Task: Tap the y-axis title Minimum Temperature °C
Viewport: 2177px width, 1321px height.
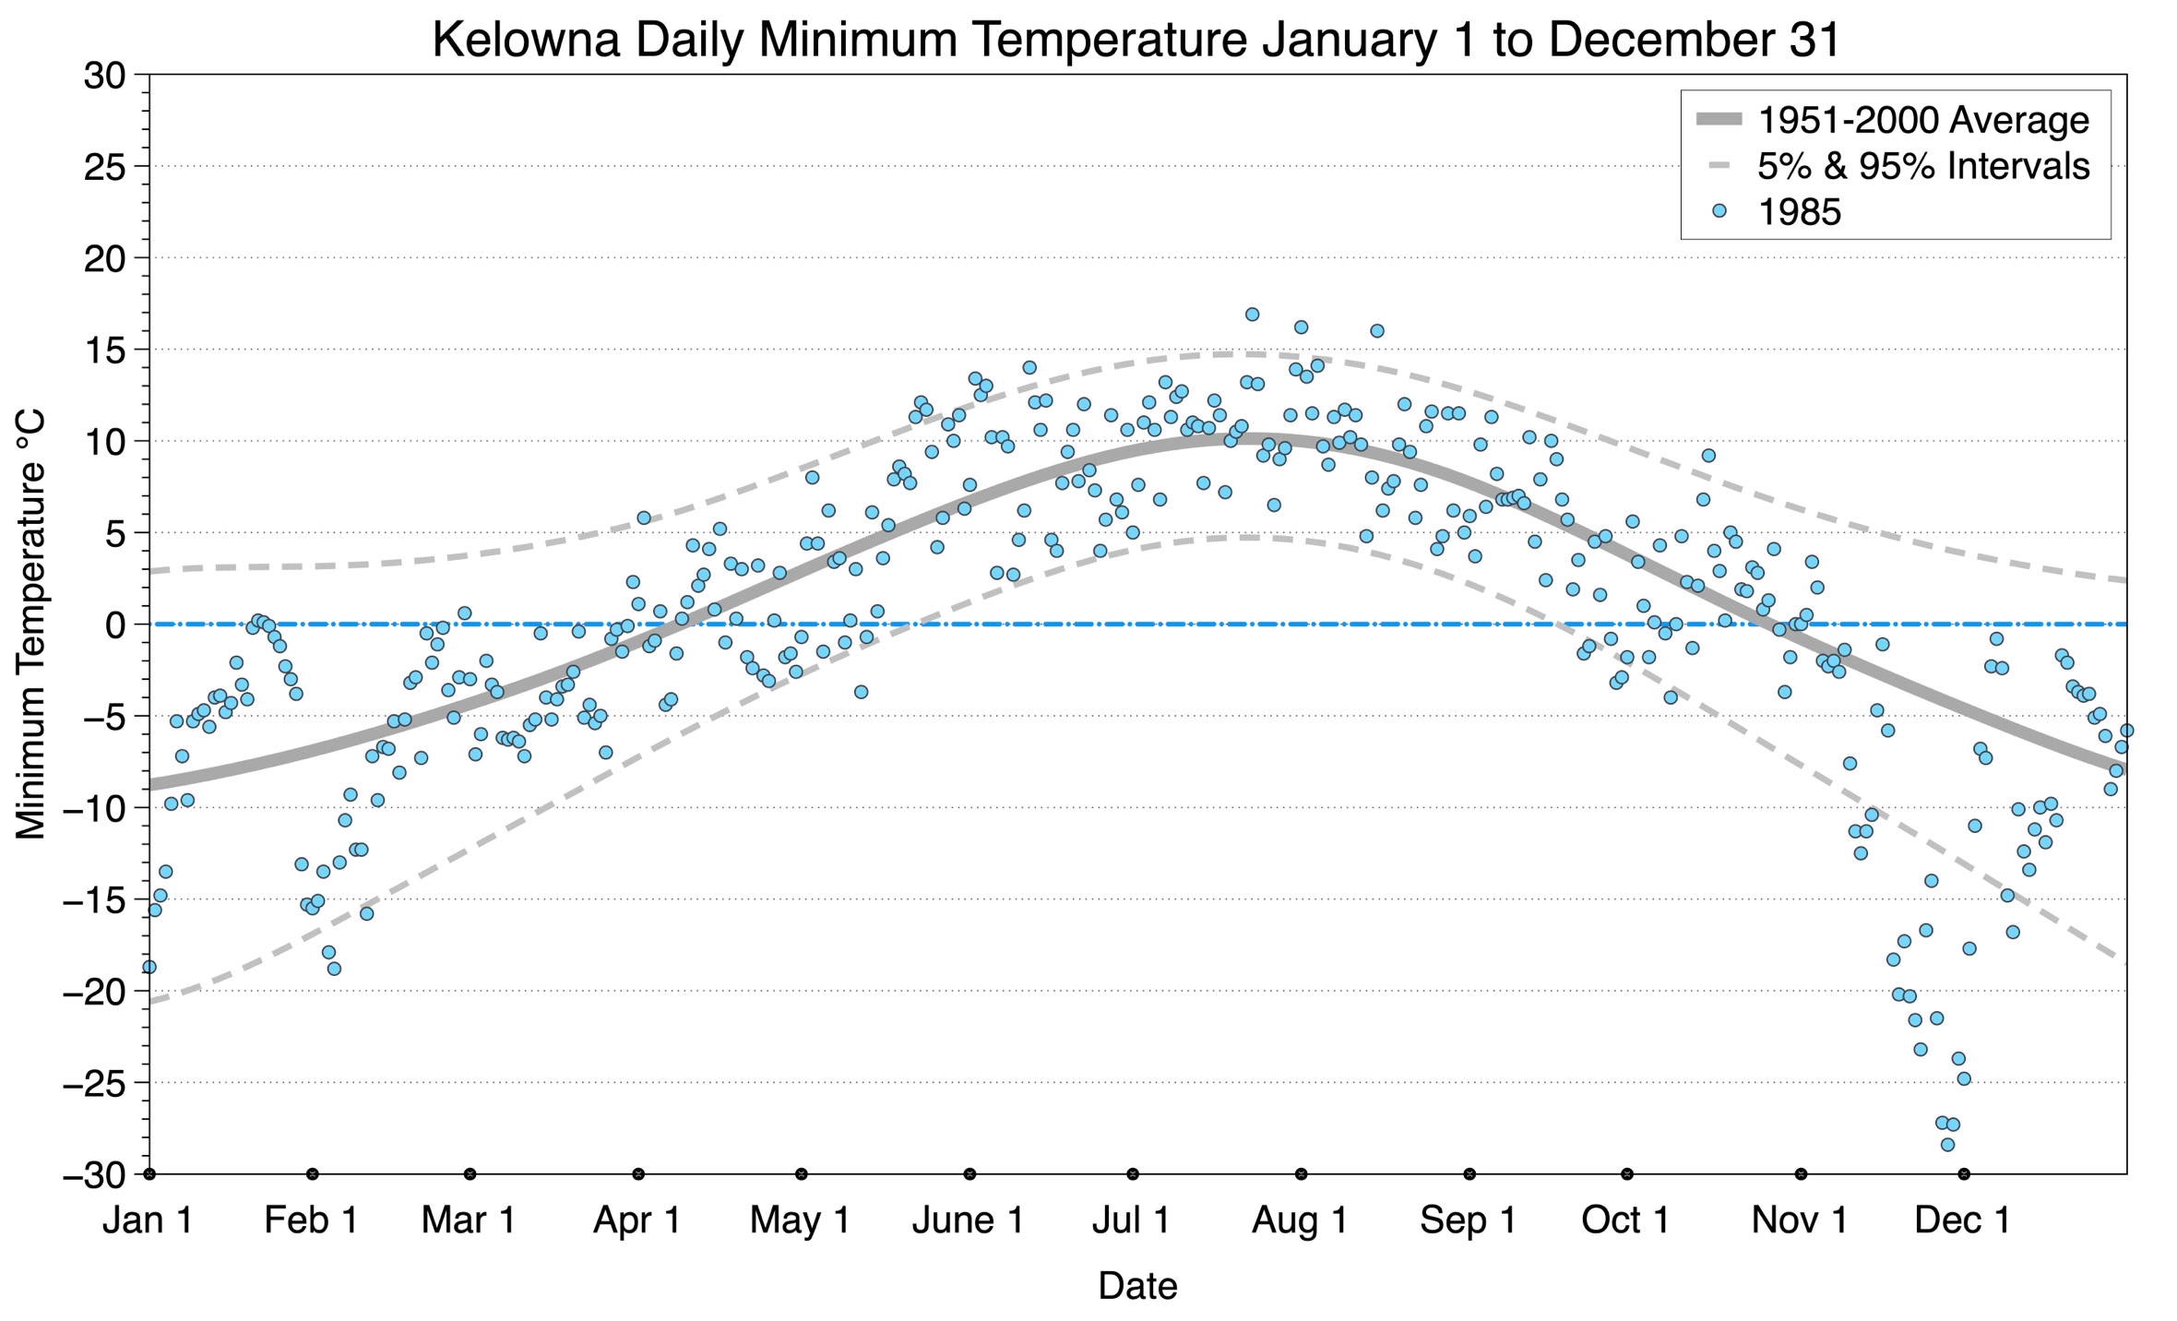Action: [x=30, y=625]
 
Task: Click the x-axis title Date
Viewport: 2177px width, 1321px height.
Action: [x=1137, y=1285]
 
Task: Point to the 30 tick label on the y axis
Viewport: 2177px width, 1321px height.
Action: [x=103, y=76]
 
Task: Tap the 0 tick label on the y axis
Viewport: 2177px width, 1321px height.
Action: [x=115, y=625]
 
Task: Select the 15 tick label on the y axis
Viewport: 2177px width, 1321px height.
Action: [x=103, y=351]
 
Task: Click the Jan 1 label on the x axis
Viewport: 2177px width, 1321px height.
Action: [x=148, y=1220]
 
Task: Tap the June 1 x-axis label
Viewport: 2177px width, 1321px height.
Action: [x=969, y=1220]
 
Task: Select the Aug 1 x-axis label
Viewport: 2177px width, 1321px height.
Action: [x=1300, y=1220]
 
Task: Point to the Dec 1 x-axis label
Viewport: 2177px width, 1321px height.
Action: [x=1963, y=1220]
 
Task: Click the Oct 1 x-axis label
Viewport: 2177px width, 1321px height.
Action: [x=1626, y=1220]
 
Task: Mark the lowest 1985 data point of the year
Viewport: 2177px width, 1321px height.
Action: [x=1947, y=1145]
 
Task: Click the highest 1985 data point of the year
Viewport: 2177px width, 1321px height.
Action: [x=1252, y=315]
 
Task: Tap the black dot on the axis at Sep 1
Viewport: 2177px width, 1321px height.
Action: [x=1469, y=1174]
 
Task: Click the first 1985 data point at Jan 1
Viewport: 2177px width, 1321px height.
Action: [x=149, y=967]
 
